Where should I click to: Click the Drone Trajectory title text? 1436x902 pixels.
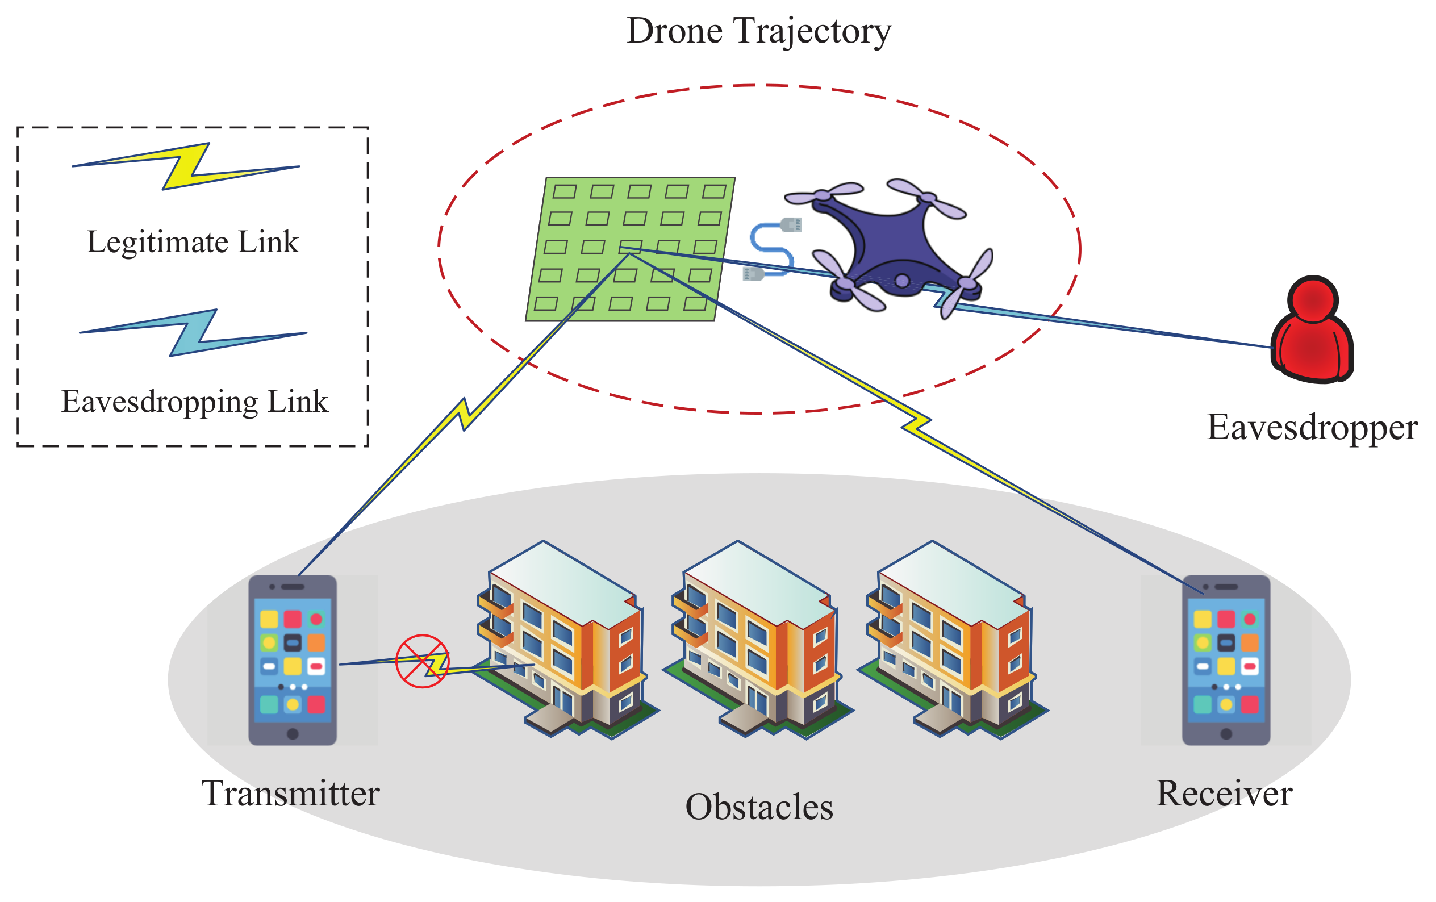click(x=758, y=31)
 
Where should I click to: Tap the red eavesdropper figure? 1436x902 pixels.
click(x=1312, y=334)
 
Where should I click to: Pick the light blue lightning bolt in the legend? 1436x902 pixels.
click(x=193, y=333)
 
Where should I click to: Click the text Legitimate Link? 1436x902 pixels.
click(x=192, y=242)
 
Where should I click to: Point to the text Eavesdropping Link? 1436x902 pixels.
click(x=194, y=402)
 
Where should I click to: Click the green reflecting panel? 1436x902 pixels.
click(x=629, y=249)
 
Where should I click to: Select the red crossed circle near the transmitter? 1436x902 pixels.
click(x=422, y=661)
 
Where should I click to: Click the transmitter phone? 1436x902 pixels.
click(x=292, y=659)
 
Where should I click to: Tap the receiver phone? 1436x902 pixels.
click(x=1225, y=659)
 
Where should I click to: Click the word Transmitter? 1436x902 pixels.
click(x=290, y=794)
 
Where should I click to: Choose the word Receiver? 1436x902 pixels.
click(x=1224, y=794)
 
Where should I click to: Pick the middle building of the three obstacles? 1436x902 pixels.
click(x=757, y=641)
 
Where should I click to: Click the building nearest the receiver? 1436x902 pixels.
click(x=953, y=641)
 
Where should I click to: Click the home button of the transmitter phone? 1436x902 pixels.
click(x=292, y=734)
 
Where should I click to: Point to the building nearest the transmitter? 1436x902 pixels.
click(x=563, y=641)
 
